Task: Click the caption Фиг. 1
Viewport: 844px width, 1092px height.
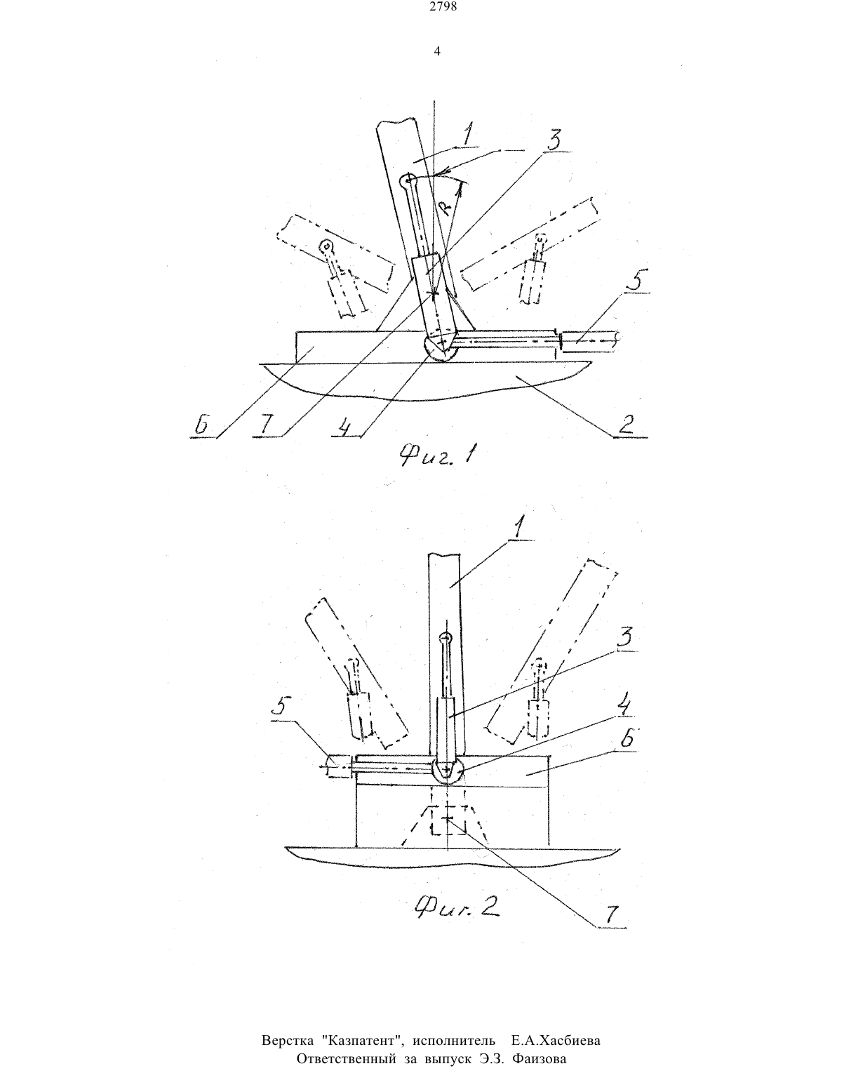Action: click(x=438, y=455)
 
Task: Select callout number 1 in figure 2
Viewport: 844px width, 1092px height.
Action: click(x=519, y=529)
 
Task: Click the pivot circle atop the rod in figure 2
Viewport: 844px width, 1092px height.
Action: click(x=446, y=638)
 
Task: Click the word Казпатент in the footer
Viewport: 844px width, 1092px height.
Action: click(x=363, y=1040)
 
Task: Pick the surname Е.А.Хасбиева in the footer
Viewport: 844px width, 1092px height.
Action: click(x=556, y=1040)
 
